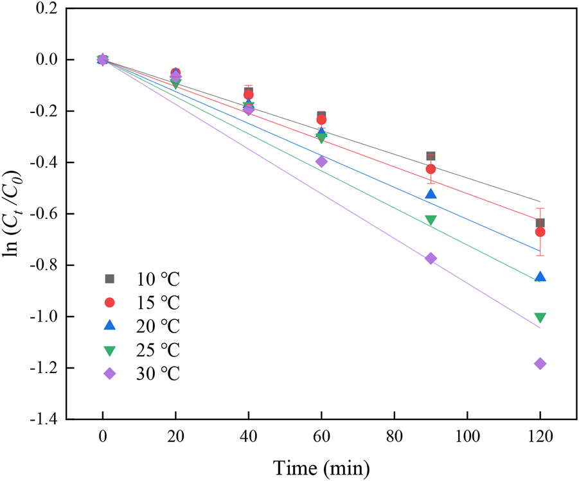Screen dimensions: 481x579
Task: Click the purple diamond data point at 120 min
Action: pos(540,363)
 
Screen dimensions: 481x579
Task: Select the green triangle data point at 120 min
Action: pos(540,317)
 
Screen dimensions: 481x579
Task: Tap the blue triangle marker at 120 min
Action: pos(540,277)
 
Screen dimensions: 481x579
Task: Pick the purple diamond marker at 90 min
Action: pos(431,258)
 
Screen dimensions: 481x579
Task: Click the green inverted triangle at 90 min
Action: pos(431,220)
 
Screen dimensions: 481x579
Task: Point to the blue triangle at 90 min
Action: pos(431,194)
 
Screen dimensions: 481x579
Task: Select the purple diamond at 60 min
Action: pos(321,161)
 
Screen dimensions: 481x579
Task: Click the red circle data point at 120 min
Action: pos(540,232)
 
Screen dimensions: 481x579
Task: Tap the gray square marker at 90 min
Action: pos(431,156)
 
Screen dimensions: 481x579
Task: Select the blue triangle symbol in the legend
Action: pos(109,326)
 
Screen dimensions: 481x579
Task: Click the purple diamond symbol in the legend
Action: pos(109,374)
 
